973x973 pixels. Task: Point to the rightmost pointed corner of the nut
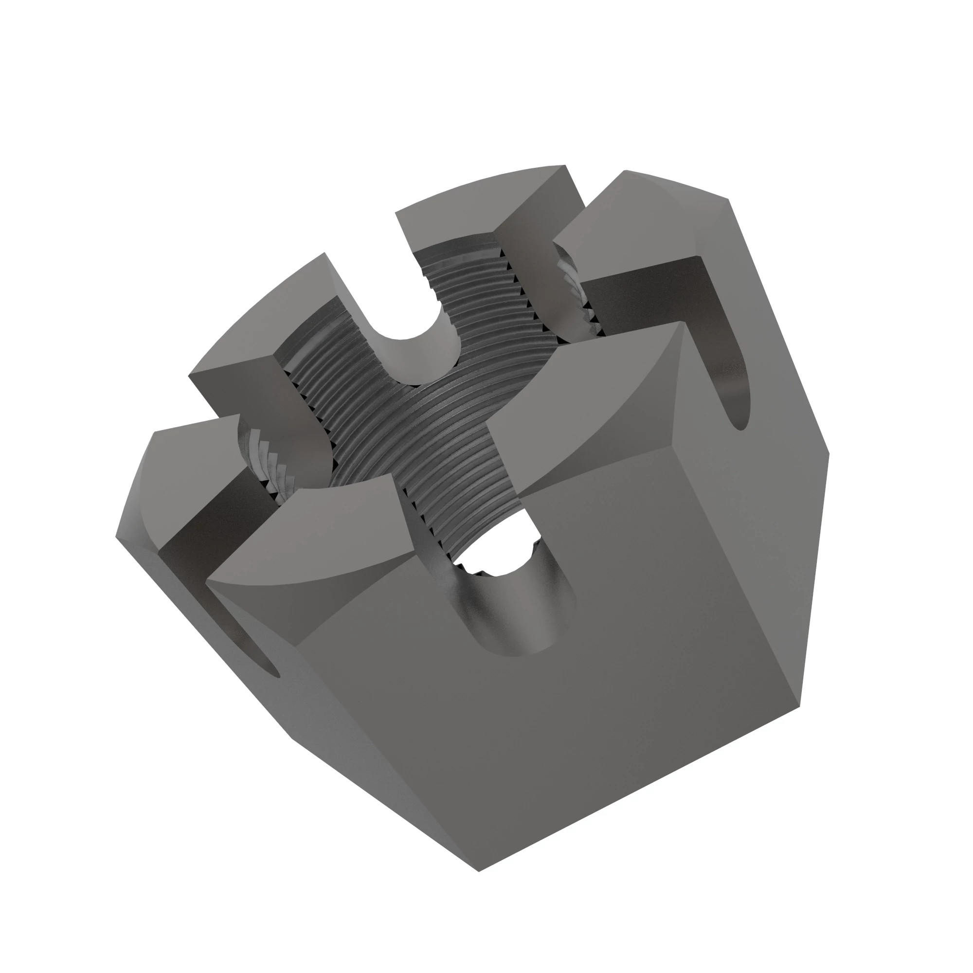(x=829, y=453)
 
